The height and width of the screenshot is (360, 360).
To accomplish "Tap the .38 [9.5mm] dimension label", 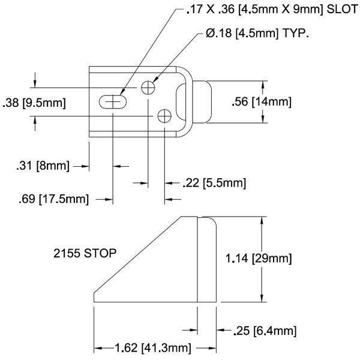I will pos(34,103).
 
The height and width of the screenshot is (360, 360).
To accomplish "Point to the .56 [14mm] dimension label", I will pos(262,102).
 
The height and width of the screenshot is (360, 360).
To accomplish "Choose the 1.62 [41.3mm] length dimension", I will pos(145,347).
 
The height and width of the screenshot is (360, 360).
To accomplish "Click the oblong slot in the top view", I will pos(113,103).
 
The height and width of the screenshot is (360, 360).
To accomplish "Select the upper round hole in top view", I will pos(148,88).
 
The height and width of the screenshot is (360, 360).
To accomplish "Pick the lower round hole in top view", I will pos(165,116).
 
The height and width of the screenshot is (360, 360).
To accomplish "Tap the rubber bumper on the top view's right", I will pos(203,102).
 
